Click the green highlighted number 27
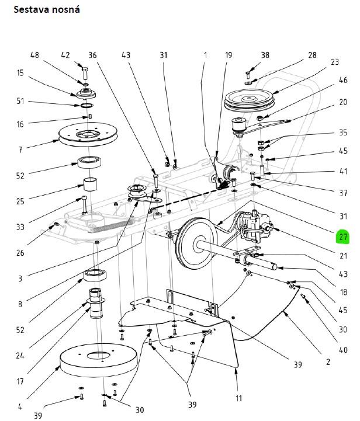tap(341, 237)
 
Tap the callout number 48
tap(36, 55)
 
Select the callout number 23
tap(334, 62)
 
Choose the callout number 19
tap(228, 55)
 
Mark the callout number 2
tap(327, 362)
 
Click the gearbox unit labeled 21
tap(257, 225)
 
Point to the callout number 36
tap(93, 55)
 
